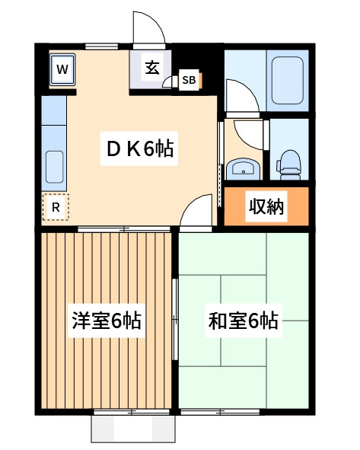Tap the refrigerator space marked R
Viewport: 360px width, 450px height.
56,206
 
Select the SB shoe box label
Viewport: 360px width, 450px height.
189,80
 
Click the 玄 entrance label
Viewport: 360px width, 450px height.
151,68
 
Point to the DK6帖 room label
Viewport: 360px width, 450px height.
140,149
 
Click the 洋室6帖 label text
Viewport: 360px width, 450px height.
107,321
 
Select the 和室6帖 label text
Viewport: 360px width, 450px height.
244,321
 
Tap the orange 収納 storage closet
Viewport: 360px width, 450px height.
266,206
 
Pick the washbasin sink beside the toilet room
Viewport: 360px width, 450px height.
243,169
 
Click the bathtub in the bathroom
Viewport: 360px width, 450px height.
287,80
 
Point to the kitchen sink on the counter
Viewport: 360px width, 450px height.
54,166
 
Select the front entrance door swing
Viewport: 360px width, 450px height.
148,30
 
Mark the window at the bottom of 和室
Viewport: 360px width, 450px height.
221,411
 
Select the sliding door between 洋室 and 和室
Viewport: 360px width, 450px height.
175,321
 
